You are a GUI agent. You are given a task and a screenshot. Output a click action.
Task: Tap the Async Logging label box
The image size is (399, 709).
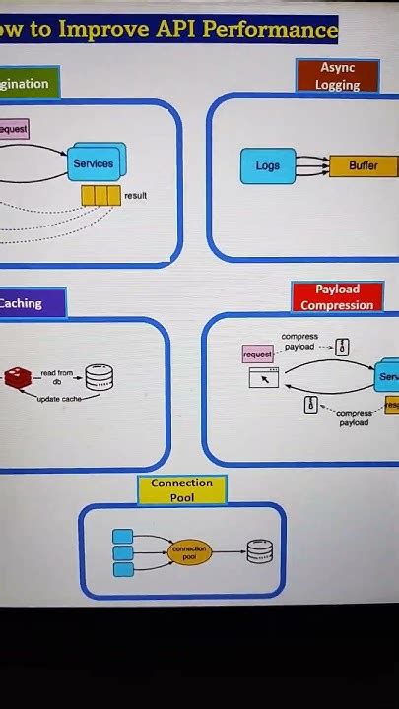(337, 76)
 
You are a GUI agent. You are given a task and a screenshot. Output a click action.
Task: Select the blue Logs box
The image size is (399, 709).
(268, 165)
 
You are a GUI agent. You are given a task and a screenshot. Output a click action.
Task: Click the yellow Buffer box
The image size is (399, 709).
(363, 165)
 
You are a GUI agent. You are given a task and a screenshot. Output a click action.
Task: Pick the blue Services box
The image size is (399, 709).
(95, 162)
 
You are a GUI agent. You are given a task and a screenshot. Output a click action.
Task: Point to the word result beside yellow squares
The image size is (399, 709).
(135, 196)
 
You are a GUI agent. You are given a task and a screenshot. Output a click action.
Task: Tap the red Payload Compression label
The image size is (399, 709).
(337, 297)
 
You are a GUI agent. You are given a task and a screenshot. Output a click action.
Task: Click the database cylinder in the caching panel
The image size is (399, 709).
(100, 377)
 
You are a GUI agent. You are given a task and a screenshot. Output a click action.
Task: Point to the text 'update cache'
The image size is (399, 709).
(59, 399)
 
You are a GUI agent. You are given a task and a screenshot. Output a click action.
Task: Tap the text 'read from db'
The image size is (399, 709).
(56, 377)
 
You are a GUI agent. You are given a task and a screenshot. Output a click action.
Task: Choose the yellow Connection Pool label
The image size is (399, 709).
(181, 490)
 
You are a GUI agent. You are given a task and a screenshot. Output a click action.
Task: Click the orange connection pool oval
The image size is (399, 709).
(189, 552)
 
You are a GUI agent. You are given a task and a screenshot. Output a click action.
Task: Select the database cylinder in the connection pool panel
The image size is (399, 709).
(259, 551)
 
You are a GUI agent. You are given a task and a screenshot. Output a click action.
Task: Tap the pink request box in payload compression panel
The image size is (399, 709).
(258, 354)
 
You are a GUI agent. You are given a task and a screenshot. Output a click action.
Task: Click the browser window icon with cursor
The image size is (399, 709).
(264, 378)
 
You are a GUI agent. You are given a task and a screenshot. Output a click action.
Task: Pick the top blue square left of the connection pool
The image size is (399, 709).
(123, 537)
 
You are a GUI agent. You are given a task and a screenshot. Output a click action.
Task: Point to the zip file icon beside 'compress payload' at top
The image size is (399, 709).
(342, 347)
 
